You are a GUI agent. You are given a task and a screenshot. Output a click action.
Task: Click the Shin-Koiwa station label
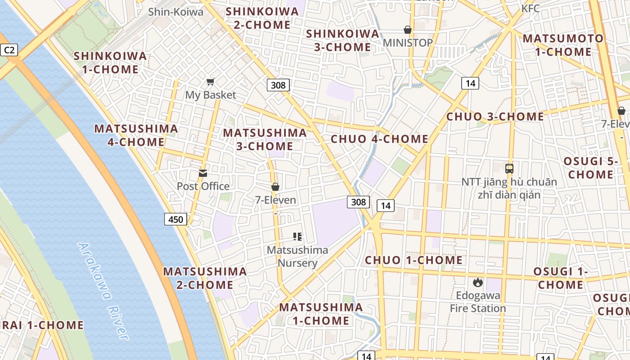click(176, 12)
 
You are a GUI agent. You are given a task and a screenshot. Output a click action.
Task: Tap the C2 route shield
click(9, 49)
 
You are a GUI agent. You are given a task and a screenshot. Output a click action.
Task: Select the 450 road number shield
click(175, 219)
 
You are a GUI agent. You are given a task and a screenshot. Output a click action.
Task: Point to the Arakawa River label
click(103, 291)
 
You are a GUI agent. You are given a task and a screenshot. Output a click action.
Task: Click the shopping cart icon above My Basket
click(210, 82)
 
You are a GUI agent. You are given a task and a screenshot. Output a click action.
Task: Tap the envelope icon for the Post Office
click(203, 173)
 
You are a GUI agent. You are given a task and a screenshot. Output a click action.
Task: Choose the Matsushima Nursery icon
click(297, 236)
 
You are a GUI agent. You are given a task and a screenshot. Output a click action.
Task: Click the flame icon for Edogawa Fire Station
click(477, 283)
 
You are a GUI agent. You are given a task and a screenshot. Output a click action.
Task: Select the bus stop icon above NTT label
click(509, 169)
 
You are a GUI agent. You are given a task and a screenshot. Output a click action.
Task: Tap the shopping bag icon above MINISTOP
click(408, 30)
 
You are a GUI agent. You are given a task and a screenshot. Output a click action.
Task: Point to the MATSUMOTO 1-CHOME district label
click(562, 45)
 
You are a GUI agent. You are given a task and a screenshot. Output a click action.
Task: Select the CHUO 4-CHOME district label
click(379, 139)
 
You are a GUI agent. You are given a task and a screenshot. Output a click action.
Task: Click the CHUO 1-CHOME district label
click(414, 260)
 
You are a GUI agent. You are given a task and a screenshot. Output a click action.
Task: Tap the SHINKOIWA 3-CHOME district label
click(342, 40)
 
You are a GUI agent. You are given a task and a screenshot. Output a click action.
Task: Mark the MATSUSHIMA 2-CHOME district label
click(205, 278)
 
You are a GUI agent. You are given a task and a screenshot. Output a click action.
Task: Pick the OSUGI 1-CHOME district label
click(561, 278)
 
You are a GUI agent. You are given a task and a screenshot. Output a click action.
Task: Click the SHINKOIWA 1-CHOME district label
click(110, 63)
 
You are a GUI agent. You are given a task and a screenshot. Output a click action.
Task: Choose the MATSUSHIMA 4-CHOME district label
click(136, 135)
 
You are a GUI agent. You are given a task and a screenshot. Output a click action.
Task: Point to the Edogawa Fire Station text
click(478, 302)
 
